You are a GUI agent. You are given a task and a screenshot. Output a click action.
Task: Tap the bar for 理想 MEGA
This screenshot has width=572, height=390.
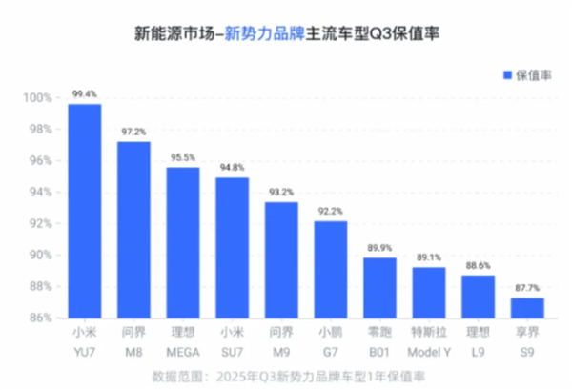183,242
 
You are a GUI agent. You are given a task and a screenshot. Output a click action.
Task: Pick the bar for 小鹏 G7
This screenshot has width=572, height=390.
331,269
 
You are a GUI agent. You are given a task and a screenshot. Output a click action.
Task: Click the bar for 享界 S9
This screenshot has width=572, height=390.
527,307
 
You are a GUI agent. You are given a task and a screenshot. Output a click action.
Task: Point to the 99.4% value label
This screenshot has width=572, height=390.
85,94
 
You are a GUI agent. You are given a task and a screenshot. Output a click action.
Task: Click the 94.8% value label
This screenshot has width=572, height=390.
233,168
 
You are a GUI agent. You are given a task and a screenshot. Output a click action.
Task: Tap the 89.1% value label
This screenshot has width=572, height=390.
429,257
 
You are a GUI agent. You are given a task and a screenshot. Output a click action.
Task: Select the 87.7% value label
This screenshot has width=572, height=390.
527,288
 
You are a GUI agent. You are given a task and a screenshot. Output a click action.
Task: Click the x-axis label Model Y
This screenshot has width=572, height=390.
429,351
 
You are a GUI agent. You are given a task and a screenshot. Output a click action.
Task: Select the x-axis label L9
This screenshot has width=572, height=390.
479,351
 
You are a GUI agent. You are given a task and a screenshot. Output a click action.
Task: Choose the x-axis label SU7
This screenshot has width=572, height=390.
233,351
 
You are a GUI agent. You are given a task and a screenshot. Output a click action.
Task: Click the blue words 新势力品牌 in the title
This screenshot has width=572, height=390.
260,34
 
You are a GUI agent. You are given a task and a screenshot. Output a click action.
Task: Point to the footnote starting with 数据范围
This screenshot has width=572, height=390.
286,377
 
